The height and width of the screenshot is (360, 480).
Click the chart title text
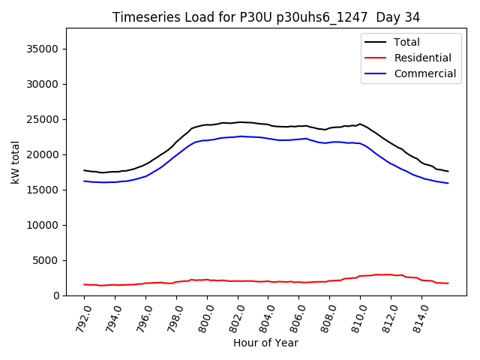266,17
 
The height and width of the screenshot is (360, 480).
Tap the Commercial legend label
424,73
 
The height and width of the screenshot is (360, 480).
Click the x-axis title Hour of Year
265,343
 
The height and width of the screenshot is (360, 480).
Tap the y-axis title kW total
15,162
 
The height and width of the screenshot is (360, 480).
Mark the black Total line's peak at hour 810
360,124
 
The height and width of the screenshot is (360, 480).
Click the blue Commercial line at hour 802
238,136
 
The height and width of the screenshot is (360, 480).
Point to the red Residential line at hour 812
391,274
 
